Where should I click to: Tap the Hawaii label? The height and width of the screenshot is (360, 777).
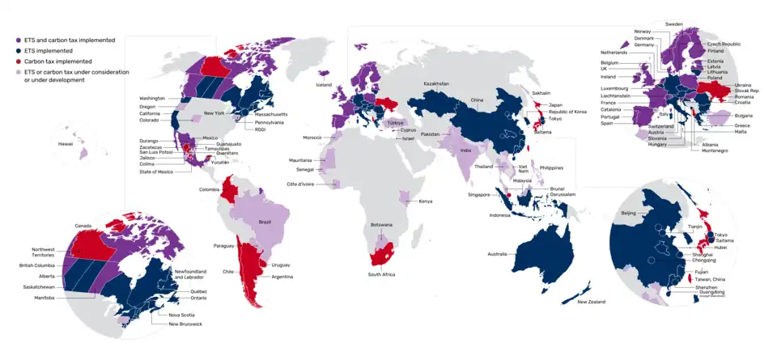pyautogui.click(x=65, y=143)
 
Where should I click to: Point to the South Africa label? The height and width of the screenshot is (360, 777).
pyautogui.click(x=381, y=275)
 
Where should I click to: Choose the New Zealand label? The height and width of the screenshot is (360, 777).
pyautogui.click(x=592, y=302)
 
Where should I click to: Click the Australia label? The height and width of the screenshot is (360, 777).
pyautogui.click(x=498, y=254)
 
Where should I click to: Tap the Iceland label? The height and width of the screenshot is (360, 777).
pyautogui.click(x=324, y=85)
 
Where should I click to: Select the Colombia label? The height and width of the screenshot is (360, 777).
pyautogui.click(x=210, y=190)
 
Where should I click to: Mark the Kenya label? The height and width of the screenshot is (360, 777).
pyautogui.click(x=425, y=201)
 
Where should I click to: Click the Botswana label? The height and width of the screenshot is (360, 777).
pyautogui.click(x=381, y=224)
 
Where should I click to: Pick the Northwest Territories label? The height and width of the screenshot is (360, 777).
pyautogui.click(x=44, y=252)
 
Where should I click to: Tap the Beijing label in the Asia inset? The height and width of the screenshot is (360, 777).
pyautogui.click(x=628, y=213)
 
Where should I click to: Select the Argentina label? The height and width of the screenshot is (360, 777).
pyautogui.click(x=282, y=277)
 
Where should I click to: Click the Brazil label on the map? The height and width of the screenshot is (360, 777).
pyautogui.click(x=264, y=221)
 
